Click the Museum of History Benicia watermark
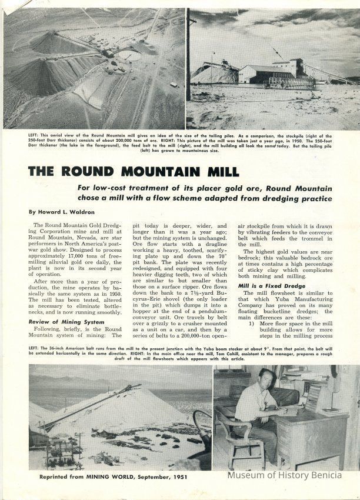tap(292, 475)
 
